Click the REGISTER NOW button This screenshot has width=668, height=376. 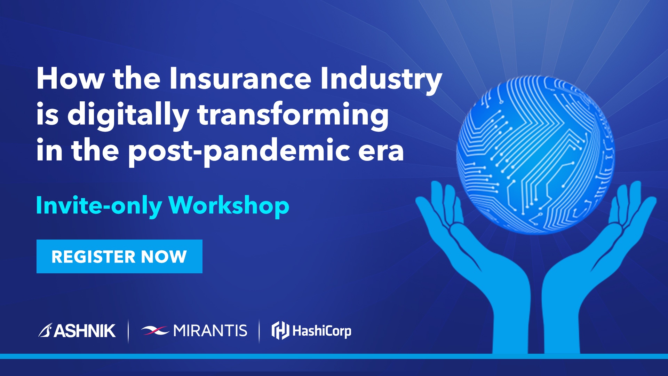119,257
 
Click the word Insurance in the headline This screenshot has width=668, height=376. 240,79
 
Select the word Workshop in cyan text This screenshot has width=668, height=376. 229,205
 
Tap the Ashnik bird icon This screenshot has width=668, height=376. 45,330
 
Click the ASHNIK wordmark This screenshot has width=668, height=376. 85,331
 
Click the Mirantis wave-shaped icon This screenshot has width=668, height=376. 155,330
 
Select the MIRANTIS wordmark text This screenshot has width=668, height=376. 210,330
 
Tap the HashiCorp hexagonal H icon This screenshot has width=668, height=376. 280,330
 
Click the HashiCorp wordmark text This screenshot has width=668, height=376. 322,331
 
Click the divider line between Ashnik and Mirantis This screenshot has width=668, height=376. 128,331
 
